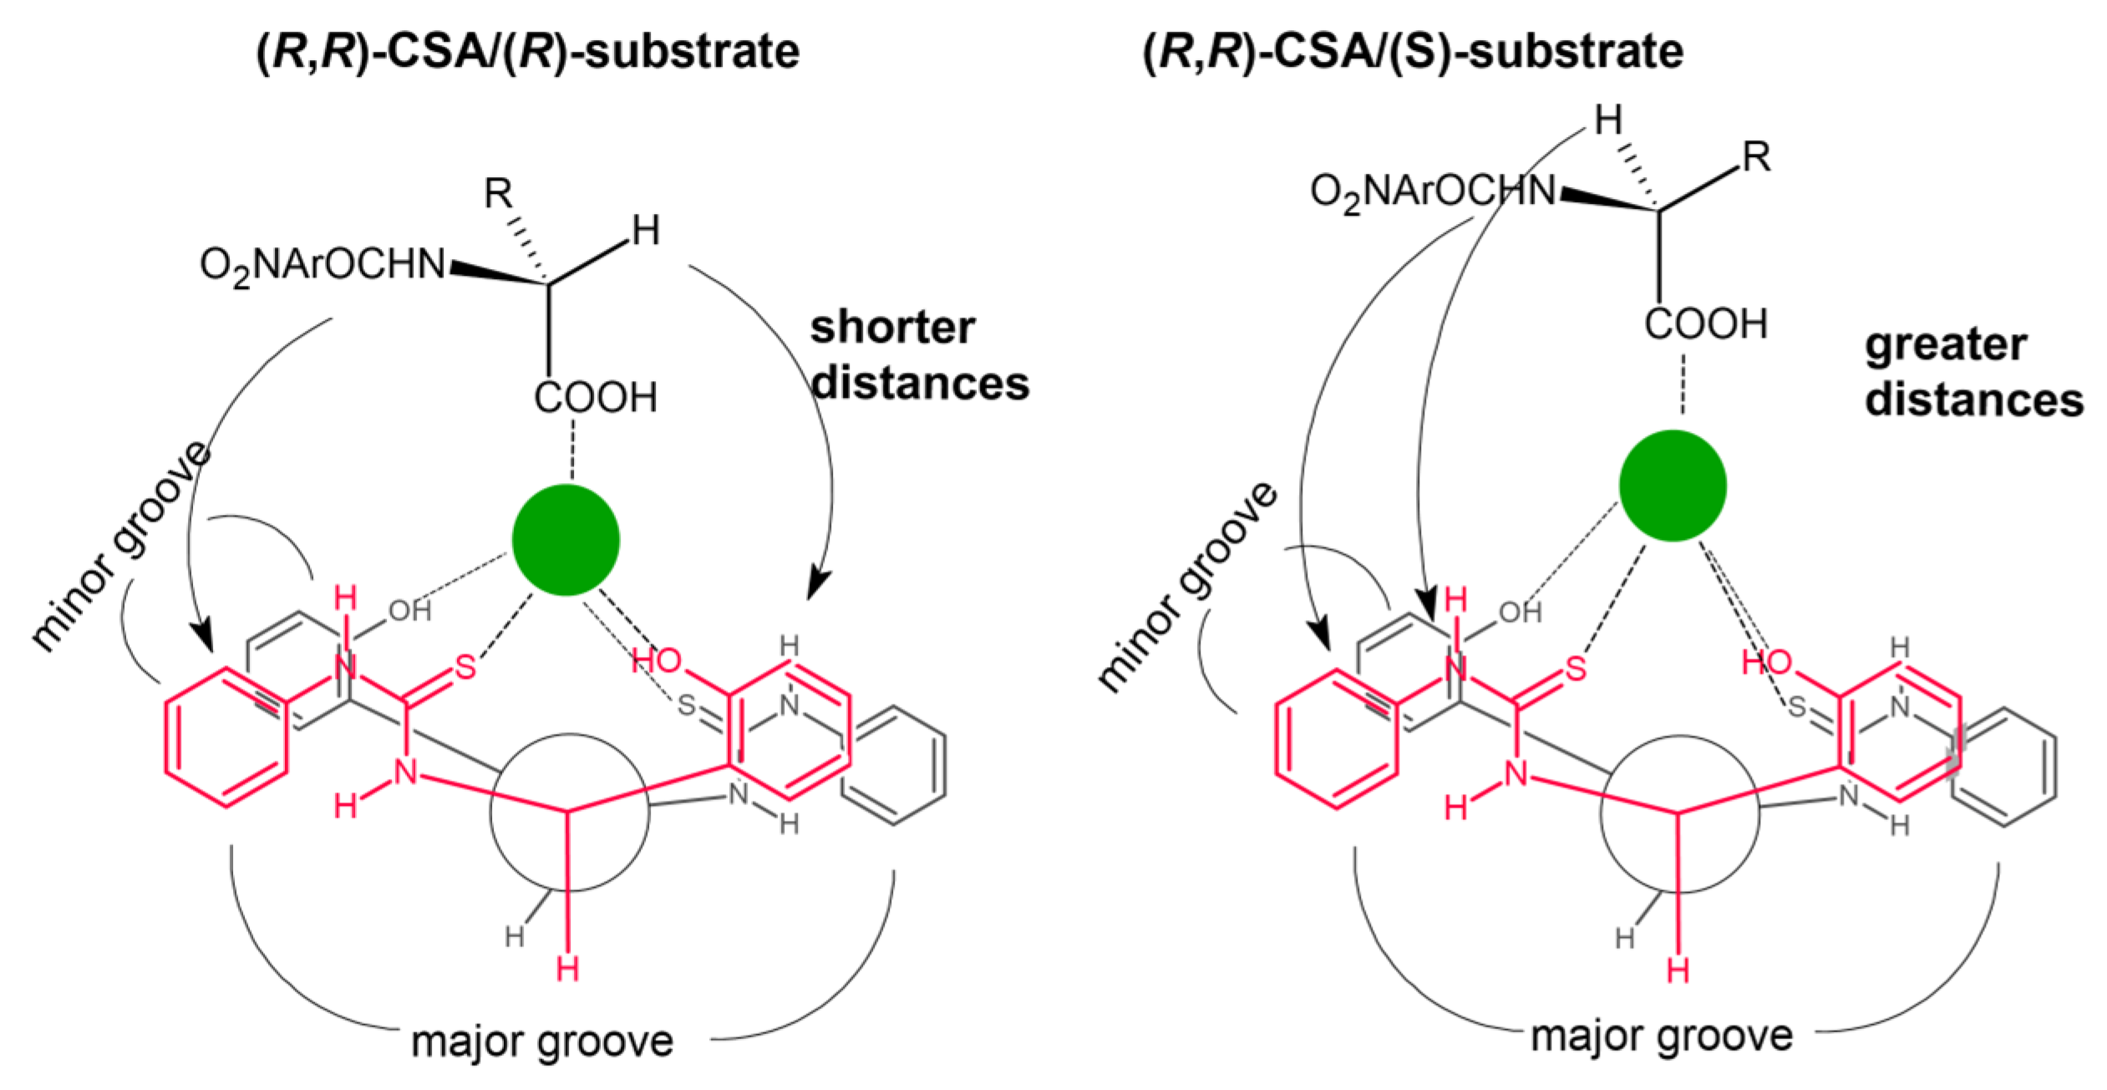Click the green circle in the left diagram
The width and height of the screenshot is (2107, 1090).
566,540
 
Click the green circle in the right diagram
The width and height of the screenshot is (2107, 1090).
1673,486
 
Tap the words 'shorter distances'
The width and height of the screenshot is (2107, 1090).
919,355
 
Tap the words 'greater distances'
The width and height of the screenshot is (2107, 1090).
1973,372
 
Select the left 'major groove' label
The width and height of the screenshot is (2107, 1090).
542,1042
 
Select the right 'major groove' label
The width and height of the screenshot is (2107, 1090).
1661,1036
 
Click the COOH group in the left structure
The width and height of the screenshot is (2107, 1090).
595,398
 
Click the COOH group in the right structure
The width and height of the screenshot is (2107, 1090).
1706,324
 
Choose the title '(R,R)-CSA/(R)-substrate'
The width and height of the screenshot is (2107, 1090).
528,52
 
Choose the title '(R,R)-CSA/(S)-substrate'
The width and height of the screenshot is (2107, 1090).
1412,52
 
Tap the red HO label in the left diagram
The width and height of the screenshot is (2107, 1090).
657,661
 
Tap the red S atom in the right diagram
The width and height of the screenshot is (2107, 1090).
1576,669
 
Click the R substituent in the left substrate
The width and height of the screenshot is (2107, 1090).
499,194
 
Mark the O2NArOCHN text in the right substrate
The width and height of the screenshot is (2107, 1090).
1433,191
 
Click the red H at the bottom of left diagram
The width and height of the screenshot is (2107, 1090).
568,970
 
